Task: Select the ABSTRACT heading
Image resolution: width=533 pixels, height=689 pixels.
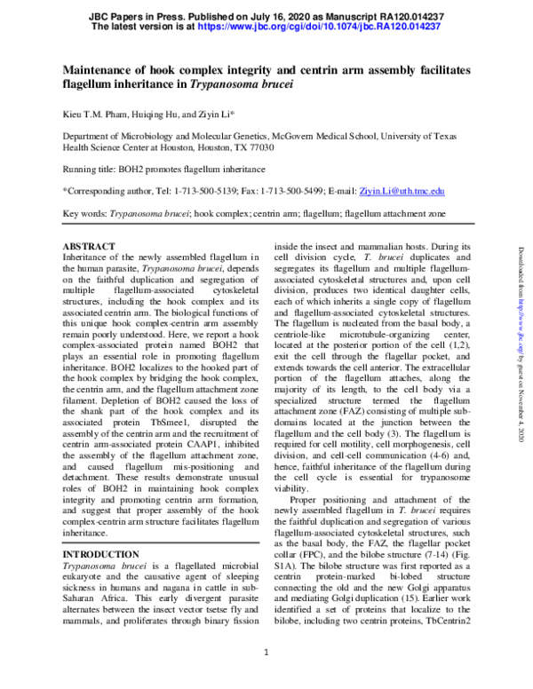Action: (89, 246)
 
